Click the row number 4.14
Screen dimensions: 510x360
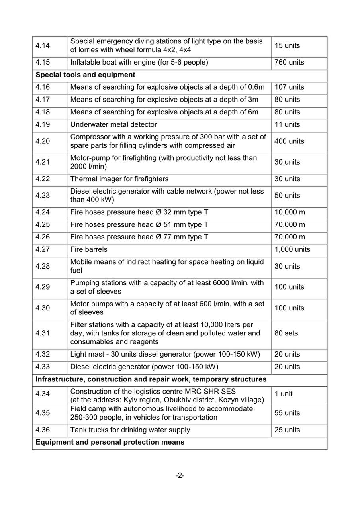pos(43,46)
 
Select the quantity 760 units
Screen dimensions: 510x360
pos(289,63)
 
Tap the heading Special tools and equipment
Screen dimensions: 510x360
pos(85,75)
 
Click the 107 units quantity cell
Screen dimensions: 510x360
pos(289,87)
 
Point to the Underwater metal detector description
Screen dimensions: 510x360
pos(113,125)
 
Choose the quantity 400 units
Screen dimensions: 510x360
pos(289,141)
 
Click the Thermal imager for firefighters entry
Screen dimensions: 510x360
pos(119,179)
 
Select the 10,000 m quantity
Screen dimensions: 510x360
pos(290,212)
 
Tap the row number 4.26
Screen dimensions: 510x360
pos(43,237)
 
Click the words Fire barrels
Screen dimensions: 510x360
pos(89,250)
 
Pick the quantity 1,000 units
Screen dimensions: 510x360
pos(292,250)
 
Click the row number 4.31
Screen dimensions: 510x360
pos(43,333)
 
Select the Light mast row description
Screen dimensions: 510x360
pos(165,355)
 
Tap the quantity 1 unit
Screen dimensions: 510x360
pos(284,394)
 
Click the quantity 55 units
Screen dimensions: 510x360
pos(287,413)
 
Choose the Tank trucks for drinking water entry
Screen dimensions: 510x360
pos(130,430)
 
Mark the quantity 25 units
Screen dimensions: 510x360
pos(287,430)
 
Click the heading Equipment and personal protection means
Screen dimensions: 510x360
pos(110,443)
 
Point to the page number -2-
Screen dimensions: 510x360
pos(180,476)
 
